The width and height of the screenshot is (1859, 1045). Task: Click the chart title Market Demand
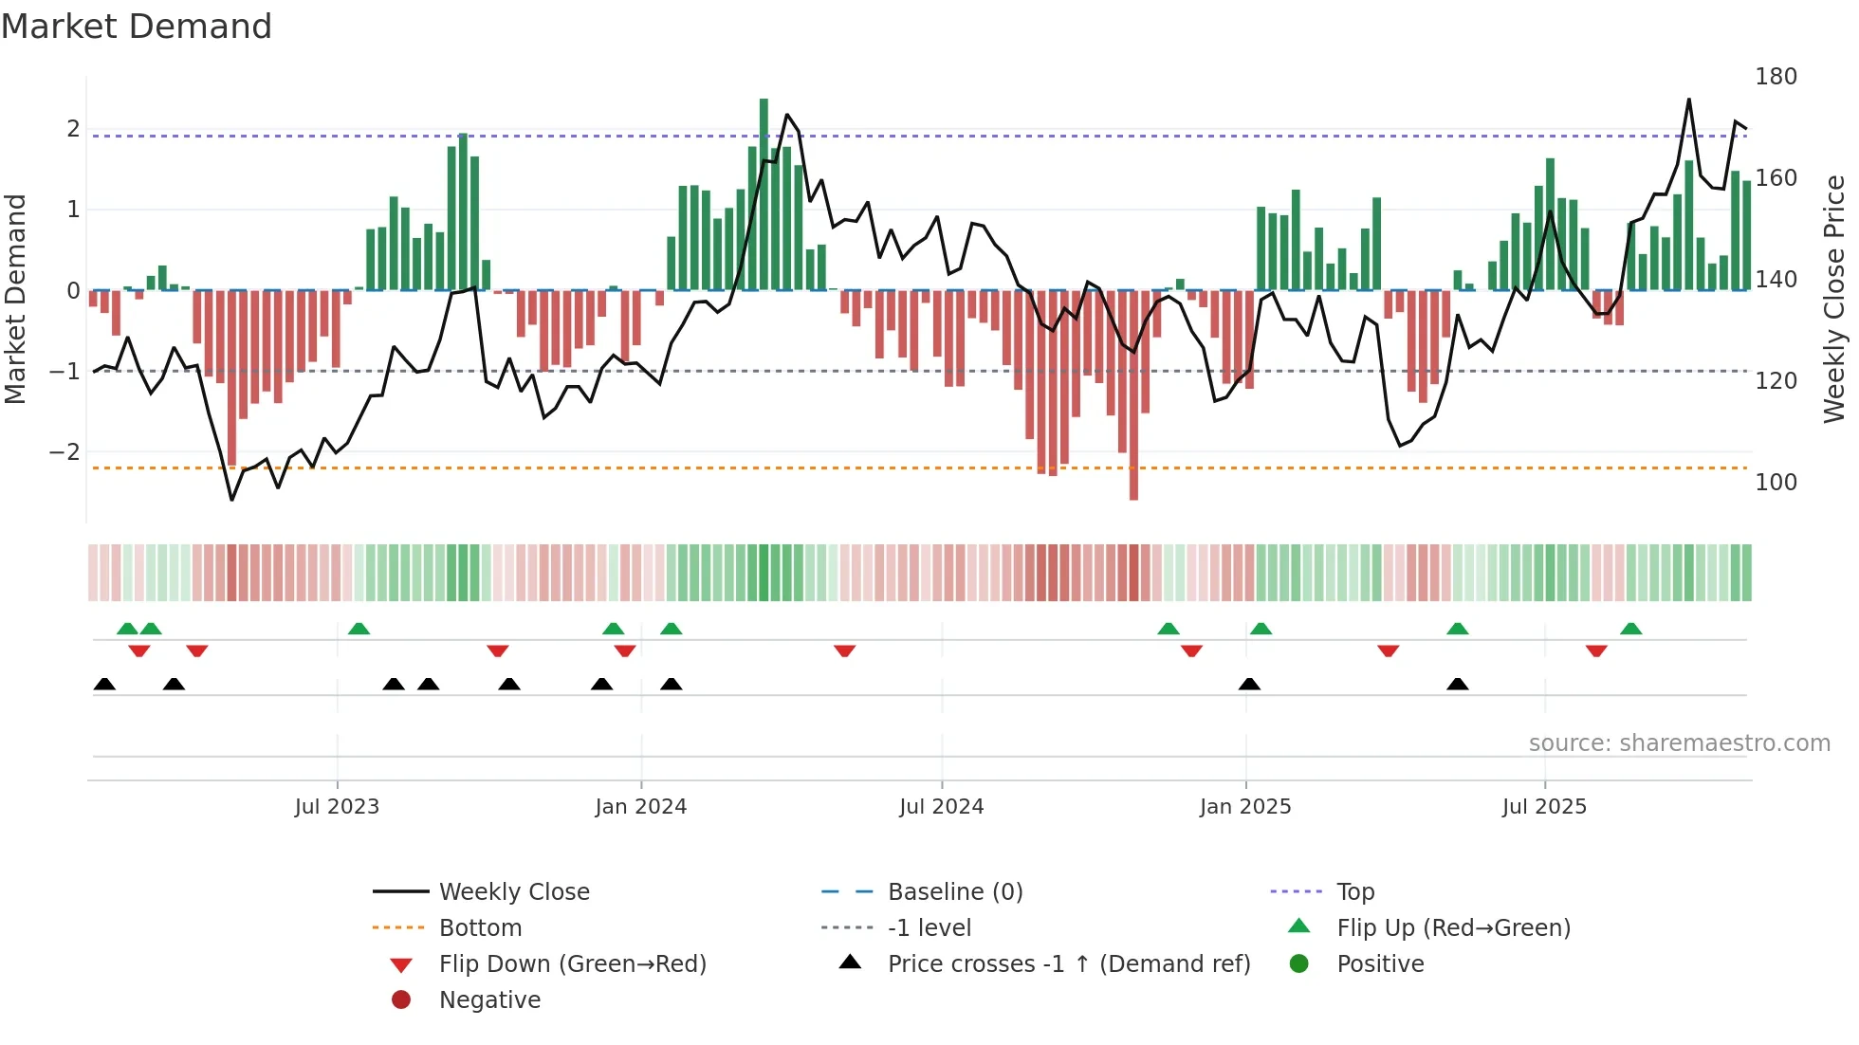137,26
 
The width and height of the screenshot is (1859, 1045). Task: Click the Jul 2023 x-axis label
337,807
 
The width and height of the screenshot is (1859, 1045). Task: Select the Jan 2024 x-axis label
640,807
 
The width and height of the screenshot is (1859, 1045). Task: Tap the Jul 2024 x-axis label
941,807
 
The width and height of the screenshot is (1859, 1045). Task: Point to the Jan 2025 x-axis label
1244,807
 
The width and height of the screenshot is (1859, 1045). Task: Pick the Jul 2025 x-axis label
1544,807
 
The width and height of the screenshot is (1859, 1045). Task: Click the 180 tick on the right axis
1776,77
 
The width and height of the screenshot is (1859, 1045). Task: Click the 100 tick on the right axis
1776,483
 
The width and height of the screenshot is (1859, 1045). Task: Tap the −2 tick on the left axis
64,452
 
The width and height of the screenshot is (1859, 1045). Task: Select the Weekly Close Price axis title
1834,299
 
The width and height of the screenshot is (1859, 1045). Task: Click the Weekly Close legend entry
513,892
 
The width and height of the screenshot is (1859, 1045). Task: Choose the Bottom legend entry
480,928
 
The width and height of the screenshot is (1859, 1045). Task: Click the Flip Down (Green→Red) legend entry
572,964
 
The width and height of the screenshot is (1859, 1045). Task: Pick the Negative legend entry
489,1000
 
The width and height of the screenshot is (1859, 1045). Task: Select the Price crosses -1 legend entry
1068,964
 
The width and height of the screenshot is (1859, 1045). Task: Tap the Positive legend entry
1380,964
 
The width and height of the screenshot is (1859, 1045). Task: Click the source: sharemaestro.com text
1679,743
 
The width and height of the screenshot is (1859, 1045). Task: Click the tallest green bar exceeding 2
764,190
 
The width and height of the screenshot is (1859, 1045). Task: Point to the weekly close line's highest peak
1688,100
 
